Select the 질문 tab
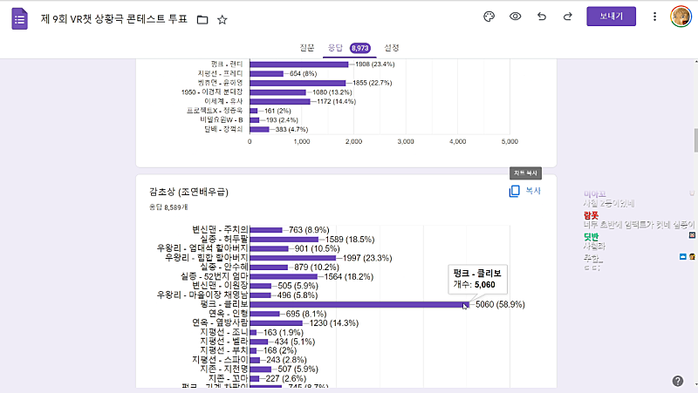tap(306, 48)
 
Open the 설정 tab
tap(392, 48)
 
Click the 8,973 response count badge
tap(360, 48)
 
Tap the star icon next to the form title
tap(222, 19)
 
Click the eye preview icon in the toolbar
tap(516, 17)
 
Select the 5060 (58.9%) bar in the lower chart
tap(358, 304)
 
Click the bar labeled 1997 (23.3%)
tap(292, 258)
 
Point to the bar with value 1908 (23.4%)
tap(298, 64)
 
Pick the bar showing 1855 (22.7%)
tap(297, 83)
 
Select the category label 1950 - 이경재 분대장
tap(212, 92)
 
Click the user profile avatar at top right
tap(681, 17)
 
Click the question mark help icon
tap(678, 381)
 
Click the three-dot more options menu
tap(654, 17)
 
